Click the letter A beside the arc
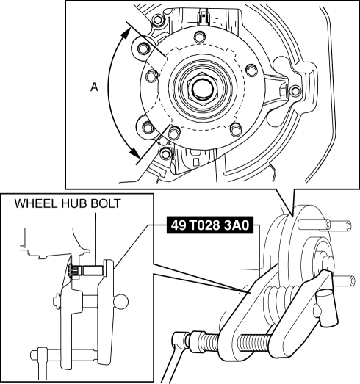94,87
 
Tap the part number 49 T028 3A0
210,225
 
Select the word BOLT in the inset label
106,203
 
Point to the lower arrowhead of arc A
134,152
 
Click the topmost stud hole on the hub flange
199,37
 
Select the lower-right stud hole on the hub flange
236,129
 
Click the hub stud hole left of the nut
152,76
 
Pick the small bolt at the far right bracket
295,91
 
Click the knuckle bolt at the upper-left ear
143,48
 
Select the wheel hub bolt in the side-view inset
87,271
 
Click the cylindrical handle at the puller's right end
326,307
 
